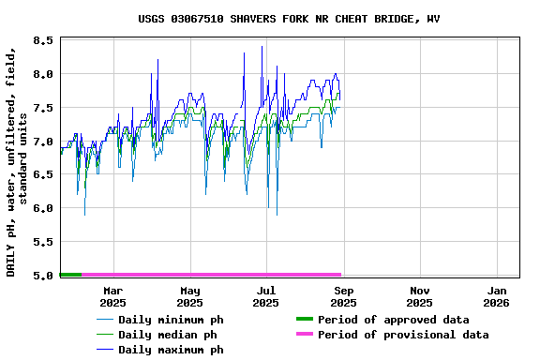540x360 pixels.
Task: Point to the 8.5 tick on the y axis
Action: pos(42,40)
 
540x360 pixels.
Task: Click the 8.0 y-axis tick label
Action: pos(42,74)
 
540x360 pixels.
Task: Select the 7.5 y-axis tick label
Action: pos(42,108)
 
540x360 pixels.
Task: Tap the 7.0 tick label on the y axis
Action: pos(42,142)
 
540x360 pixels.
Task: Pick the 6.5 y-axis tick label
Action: pos(42,174)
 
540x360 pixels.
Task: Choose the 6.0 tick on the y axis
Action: pos(42,208)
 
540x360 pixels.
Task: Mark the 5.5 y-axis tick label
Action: pos(42,242)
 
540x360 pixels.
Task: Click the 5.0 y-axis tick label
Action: pos(42,276)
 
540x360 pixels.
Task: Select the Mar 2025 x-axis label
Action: pos(113,296)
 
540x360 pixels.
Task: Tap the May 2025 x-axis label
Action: pos(190,296)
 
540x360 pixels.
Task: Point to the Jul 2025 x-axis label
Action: pos(266,296)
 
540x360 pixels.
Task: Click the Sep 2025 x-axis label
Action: pos(343,296)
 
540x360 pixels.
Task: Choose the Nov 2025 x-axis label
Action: pos(420,296)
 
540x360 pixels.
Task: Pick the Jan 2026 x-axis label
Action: pos(497,296)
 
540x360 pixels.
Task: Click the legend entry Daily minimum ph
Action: pos(171,320)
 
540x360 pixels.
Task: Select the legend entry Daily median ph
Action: pos(167,335)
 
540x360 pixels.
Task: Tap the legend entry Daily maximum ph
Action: pos(171,350)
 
